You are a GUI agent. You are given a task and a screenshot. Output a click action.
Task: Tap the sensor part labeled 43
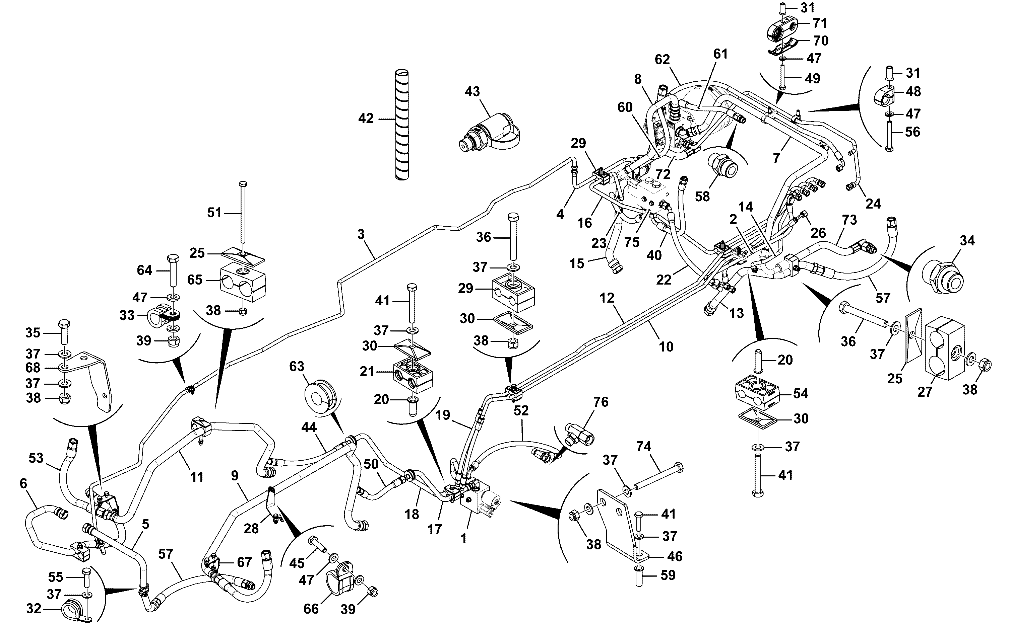coord(489,131)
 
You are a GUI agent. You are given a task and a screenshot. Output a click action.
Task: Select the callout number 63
coord(297,366)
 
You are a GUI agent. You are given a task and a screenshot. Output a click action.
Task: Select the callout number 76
coord(601,402)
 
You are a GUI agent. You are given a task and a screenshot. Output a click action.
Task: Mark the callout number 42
coord(366,119)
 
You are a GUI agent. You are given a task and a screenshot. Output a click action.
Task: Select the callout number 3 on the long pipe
coord(361,234)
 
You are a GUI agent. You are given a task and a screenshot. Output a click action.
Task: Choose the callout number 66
coord(311,609)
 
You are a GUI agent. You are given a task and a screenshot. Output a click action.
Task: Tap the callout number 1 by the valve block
coord(463,539)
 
